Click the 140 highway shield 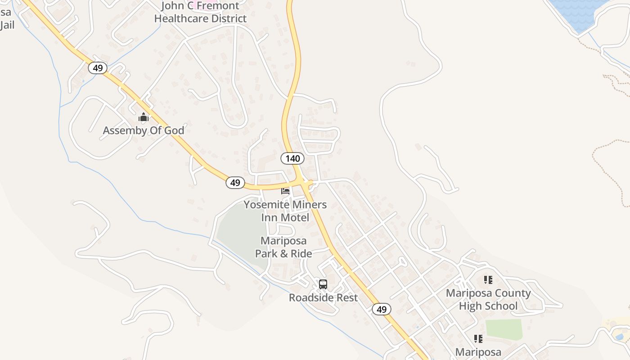coord(292,158)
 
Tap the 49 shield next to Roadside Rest coord(382,310)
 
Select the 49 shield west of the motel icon coord(235,183)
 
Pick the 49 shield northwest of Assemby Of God coord(97,68)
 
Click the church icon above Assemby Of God coord(144,118)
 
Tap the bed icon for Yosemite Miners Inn coord(285,191)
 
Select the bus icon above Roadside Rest coord(323,284)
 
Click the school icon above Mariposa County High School coord(488,280)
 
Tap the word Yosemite coord(266,205)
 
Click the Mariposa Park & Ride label coord(283,247)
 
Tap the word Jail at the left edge coord(7,25)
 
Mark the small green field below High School coord(504,329)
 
